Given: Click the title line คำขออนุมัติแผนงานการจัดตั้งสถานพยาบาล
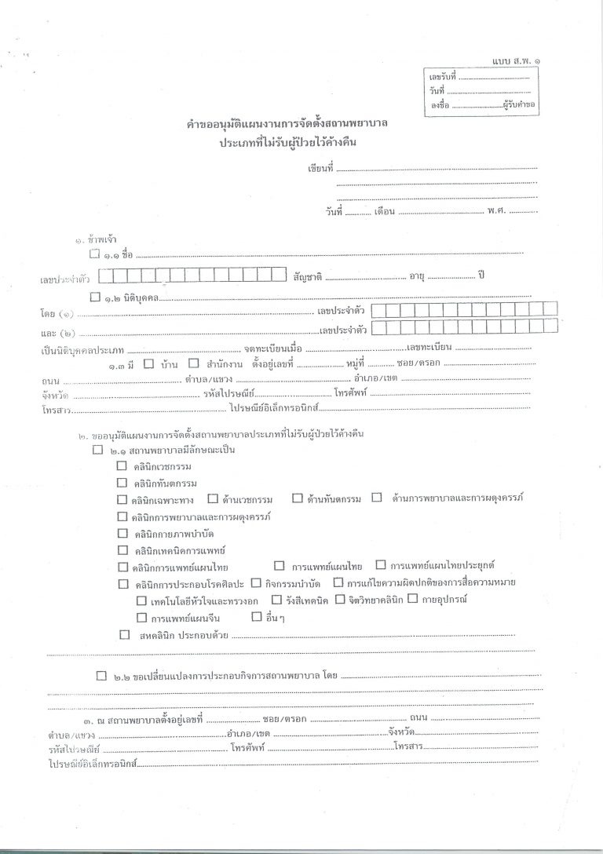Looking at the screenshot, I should click(x=289, y=126).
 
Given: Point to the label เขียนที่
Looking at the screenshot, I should click(x=321, y=168).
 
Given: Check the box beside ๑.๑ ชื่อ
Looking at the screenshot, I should click(x=95, y=254).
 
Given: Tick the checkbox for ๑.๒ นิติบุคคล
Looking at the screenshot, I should click(x=95, y=297).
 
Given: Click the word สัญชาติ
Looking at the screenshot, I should click(x=308, y=277).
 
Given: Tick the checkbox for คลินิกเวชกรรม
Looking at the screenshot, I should click(x=122, y=465).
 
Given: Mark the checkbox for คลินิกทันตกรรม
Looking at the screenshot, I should click(x=122, y=482).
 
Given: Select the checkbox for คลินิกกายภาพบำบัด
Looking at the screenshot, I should click(x=122, y=533).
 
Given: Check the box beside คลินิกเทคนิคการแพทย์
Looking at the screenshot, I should click(x=122, y=549).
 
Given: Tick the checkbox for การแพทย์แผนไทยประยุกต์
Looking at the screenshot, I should click(x=381, y=565).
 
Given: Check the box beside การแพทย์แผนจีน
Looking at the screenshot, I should click(x=141, y=617).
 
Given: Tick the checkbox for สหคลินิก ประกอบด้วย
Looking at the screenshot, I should click(x=124, y=634).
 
